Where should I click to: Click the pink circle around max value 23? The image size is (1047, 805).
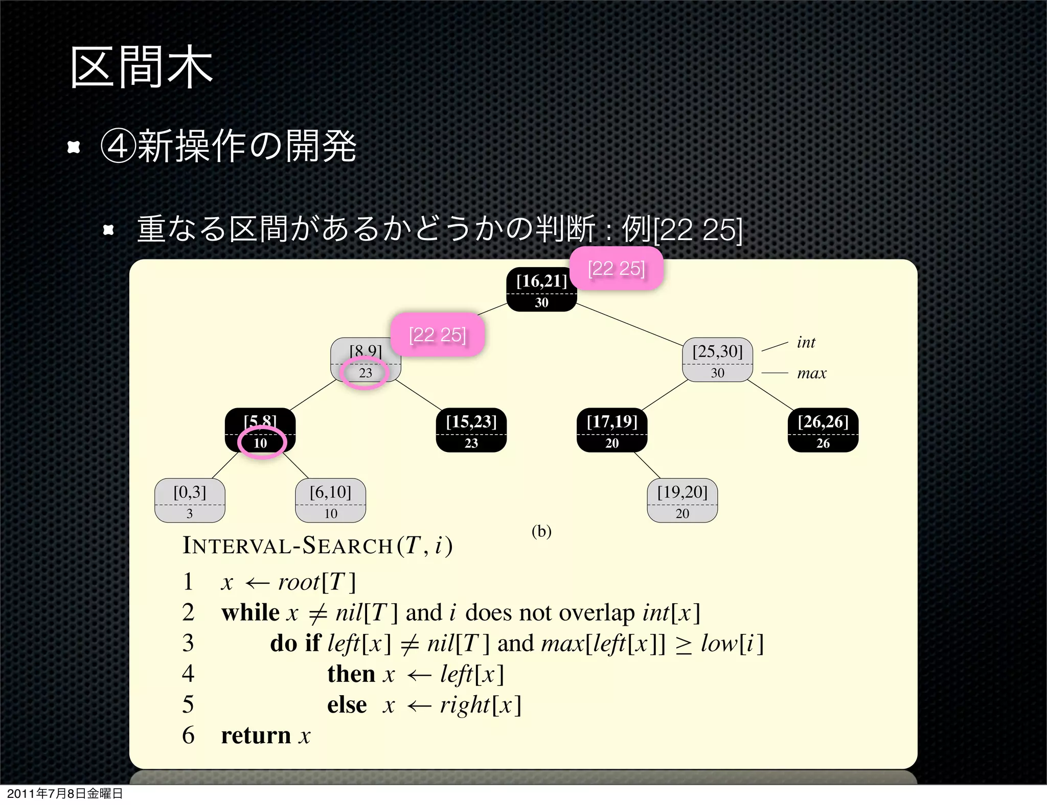click(x=365, y=373)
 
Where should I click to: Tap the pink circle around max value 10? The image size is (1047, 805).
click(x=261, y=442)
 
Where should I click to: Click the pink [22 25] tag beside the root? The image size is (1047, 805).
click(x=617, y=269)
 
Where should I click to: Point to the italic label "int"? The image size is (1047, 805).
click(x=806, y=342)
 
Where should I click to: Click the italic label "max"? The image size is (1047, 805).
click(x=811, y=373)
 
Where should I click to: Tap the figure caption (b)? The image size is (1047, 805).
click(x=541, y=531)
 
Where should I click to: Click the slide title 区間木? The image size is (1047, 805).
click(x=141, y=67)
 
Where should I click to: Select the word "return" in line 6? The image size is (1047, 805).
click(x=256, y=736)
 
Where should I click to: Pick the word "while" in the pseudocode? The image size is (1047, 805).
click(x=250, y=612)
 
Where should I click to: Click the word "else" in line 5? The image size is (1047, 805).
click(x=347, y=705)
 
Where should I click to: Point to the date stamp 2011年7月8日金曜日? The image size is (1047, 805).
click(x=65, y=793)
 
